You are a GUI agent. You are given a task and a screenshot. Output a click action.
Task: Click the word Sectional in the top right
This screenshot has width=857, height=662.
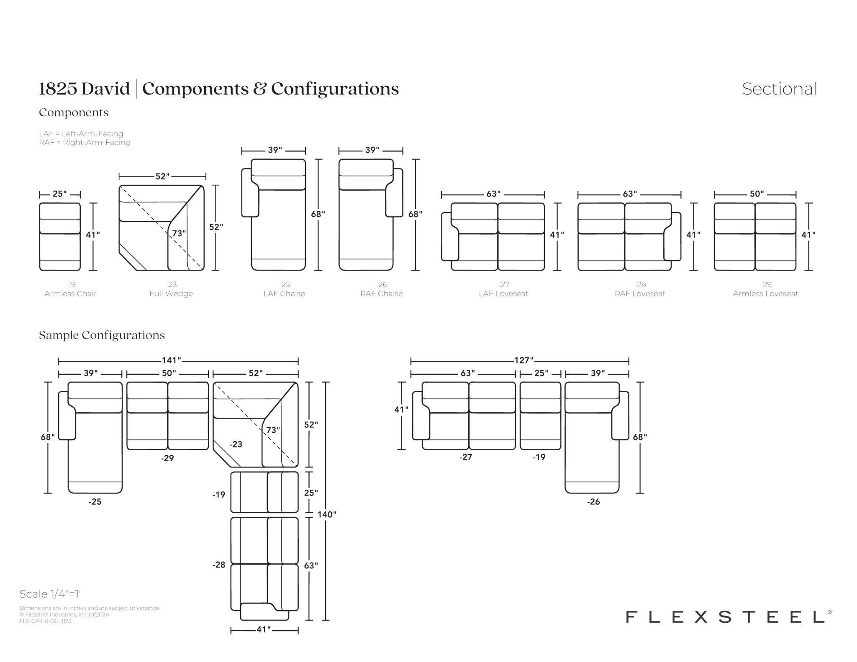coord(779,89)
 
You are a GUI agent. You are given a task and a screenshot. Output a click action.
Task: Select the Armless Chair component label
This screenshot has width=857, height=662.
coord(70,294)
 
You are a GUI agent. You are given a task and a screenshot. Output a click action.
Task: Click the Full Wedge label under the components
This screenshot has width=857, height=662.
coord(171,294)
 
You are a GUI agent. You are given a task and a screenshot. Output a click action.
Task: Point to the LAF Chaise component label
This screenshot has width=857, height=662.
coord(284,294)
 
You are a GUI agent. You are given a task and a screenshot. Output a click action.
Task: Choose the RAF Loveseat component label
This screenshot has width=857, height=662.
coord(640,294)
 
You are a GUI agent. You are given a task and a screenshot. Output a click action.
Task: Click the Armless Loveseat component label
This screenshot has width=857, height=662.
coord(765,294)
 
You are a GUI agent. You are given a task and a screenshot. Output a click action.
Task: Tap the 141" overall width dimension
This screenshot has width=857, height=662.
coord(172,360)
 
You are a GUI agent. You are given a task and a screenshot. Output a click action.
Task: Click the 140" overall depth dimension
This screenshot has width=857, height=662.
coord(326,514)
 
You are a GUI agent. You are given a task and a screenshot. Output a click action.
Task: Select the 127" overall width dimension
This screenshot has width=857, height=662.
coord(524,360)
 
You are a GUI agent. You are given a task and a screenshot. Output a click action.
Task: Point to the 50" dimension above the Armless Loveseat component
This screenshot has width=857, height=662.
coord(757,194)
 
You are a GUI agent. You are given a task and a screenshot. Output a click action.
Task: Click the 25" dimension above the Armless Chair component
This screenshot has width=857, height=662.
coord(59,194)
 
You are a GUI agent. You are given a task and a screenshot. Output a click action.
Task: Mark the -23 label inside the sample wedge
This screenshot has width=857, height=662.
coord(236,444)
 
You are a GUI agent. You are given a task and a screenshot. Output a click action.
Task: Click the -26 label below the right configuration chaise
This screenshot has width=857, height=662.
coord(593,501)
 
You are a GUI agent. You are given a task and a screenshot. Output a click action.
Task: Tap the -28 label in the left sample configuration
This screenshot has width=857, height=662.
coord(219,565)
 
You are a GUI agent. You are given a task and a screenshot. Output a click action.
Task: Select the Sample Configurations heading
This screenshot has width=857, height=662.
coord(102,335)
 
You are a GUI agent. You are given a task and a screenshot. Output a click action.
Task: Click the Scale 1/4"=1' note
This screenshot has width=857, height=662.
coord(50,594)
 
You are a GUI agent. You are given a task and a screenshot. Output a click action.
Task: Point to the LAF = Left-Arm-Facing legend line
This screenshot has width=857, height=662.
coord(81,134)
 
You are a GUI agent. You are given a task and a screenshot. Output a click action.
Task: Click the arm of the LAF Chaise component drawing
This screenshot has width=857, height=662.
coord(250,193)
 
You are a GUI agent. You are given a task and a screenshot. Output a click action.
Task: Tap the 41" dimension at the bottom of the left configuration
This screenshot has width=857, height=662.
coord(264,629)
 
